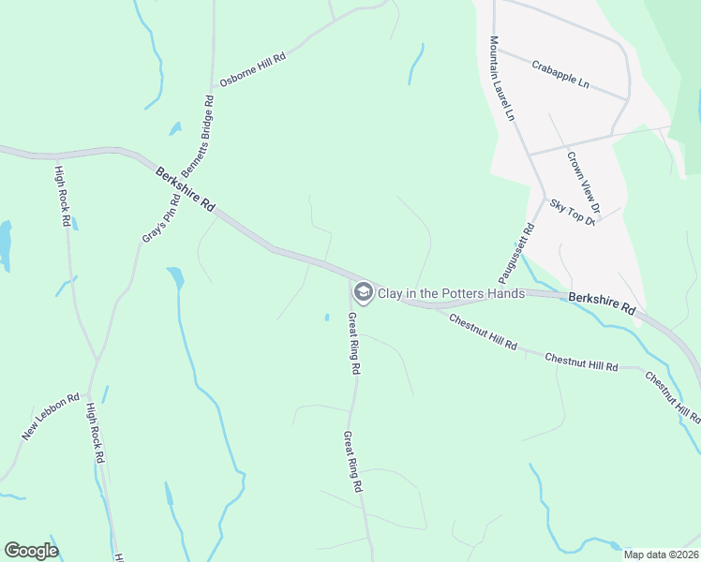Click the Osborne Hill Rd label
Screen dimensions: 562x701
[252, 70]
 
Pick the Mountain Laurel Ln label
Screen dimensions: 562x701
[501, 79]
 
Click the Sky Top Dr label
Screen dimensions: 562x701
[573, 212]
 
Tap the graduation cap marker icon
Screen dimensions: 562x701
[362, 293]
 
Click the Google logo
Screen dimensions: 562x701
[31, 550]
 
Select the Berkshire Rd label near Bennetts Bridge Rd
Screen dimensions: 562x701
[185, 189]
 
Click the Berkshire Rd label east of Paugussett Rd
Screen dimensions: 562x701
[602, 303]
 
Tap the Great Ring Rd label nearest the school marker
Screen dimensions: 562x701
[354, 344]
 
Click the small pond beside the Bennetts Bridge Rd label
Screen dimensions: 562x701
[175, 129]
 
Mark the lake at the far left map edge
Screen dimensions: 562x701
[4, 246]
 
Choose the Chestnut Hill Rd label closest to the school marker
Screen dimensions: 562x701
[483, 333]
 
